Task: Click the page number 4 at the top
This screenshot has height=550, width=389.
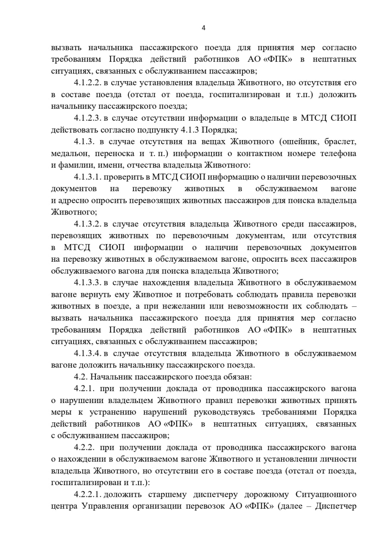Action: pyautogui.click(x=203, y=28)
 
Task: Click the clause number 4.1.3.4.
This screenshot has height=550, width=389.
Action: pyautogui.click(x=88, y=353)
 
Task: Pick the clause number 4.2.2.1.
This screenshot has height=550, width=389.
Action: pyautogui.click(x=88, y=494)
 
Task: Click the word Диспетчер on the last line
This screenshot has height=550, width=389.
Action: pyautogui.click(x=336, y=506)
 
